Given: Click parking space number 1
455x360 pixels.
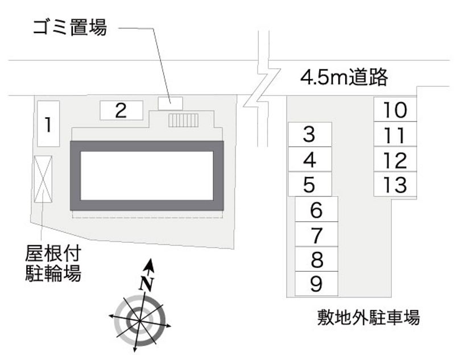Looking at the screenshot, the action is [x=48, y=124].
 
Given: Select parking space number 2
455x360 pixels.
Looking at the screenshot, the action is [x=122, y=110].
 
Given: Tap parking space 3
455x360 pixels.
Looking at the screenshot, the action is [x=310, y=135].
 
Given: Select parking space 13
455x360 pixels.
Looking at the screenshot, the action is [x=395, y=184].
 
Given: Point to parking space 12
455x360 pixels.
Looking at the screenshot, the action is [x=395, y=159].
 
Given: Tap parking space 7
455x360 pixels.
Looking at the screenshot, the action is [x=317, y=234].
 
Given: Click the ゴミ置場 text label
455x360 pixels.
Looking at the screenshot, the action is [x=70, y=27].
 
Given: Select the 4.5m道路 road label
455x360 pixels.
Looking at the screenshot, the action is [x=344, y=77].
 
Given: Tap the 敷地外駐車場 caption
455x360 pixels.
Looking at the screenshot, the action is [x=369, y=317].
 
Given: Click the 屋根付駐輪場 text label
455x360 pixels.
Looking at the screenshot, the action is [x=53, y=263].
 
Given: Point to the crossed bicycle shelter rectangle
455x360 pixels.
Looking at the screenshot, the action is [x=43, y=179].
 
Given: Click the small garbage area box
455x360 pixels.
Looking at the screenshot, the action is [x=170, y=104].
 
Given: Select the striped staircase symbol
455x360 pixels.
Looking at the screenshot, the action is [x=184, y=121].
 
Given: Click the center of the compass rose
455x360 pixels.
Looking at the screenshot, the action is [x=140, y=321].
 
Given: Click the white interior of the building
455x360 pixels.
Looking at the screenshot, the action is [x=147, y=176].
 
